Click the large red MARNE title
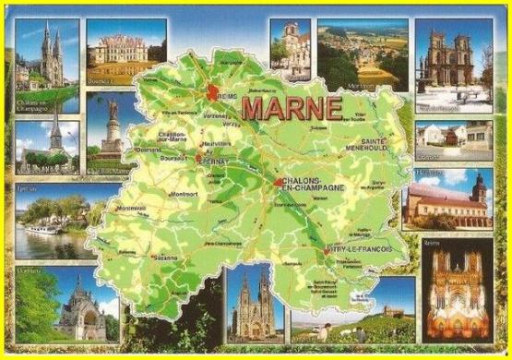tap(291, 106)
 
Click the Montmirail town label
tap(133, 209)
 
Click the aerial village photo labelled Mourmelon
tap(350, 55)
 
